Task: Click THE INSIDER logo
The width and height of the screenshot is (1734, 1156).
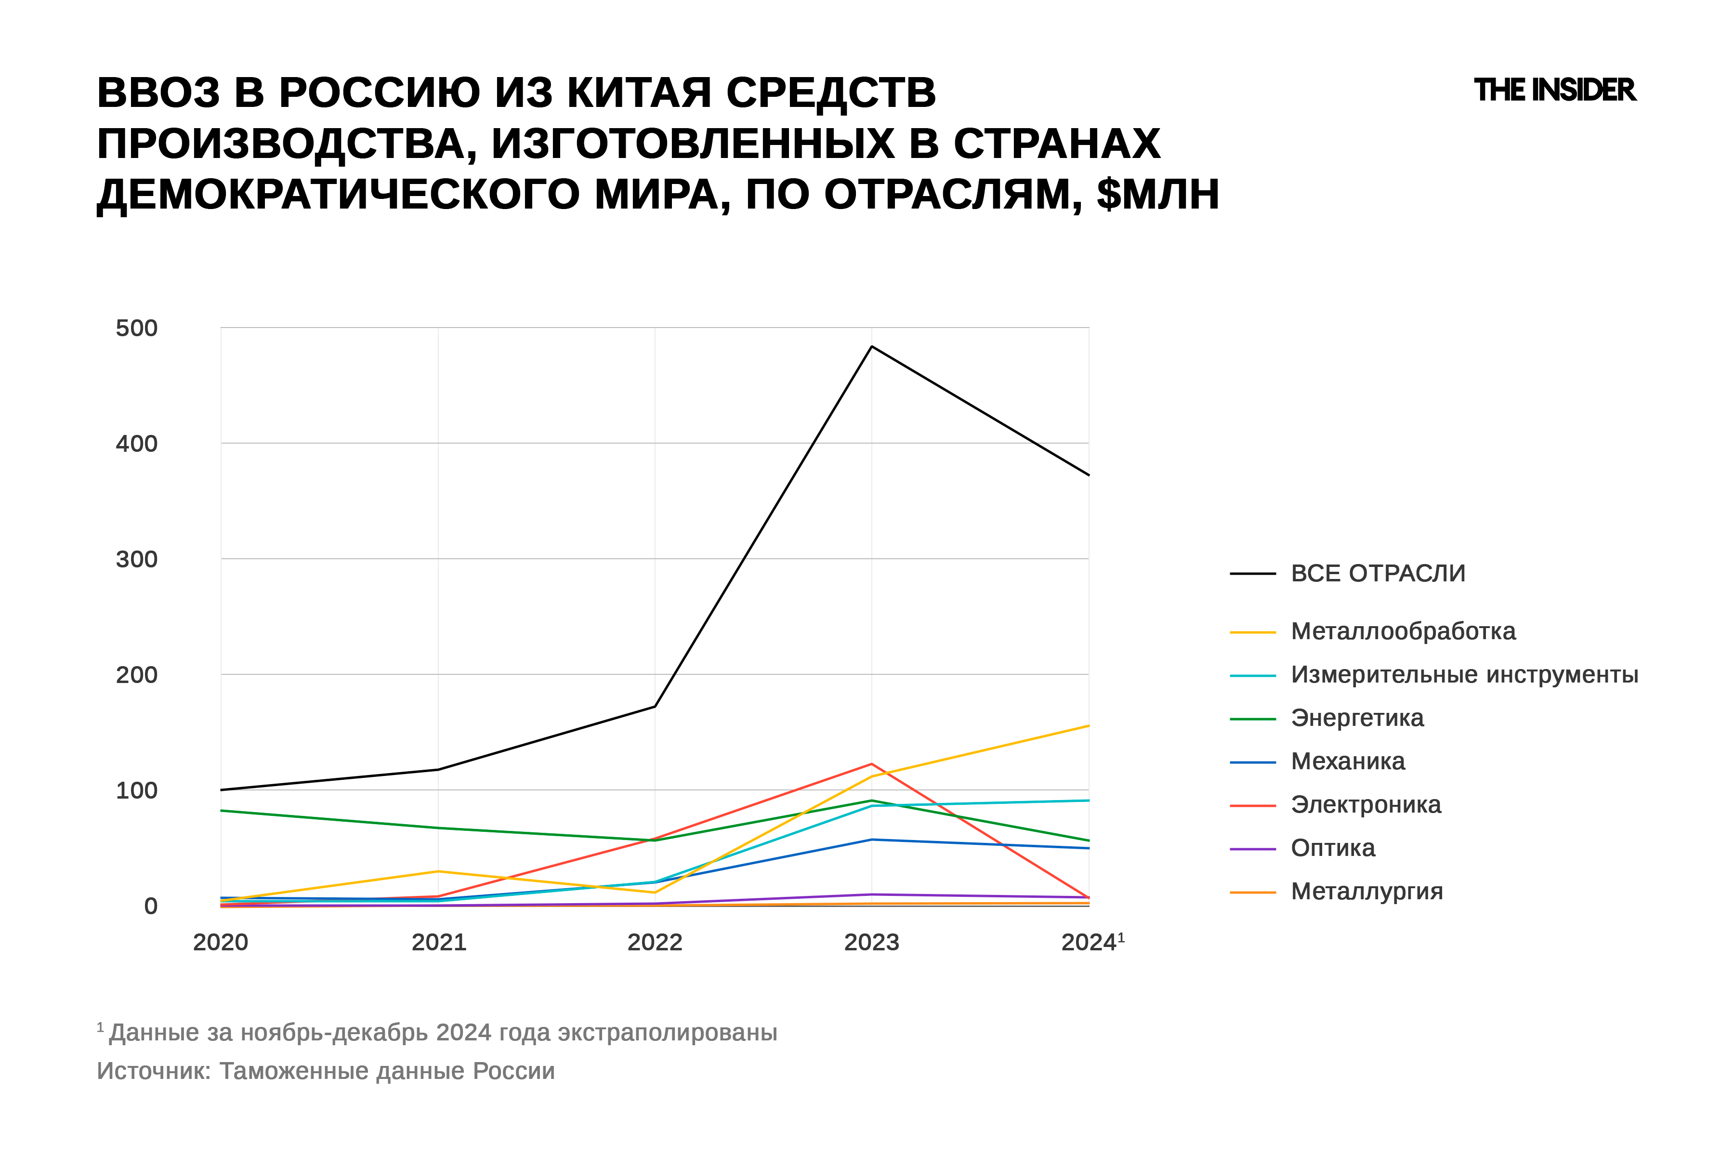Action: click(1554, 91)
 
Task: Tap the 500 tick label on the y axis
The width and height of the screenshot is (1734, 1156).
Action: click(136, 328)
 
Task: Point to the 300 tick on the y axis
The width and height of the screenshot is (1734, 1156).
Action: click(136, 559)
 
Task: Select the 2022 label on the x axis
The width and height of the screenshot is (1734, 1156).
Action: click(655, 942)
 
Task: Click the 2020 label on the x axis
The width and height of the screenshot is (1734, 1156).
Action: click(221, 942)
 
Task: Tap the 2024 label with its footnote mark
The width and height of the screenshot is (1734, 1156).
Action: click(1092, 942)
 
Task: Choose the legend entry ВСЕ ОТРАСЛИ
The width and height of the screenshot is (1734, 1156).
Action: click(1377, 573)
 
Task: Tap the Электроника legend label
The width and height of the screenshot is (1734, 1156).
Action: click(1366, 804)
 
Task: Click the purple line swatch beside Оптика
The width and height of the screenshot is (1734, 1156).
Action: click(1252, 849)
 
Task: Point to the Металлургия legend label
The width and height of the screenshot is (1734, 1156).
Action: click(1366, 892)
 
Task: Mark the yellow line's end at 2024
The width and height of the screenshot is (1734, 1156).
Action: click(1088, 726)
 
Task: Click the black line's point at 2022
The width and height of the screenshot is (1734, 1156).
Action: click(655, 706)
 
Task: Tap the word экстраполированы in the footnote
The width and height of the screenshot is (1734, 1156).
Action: click(667, 1032)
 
